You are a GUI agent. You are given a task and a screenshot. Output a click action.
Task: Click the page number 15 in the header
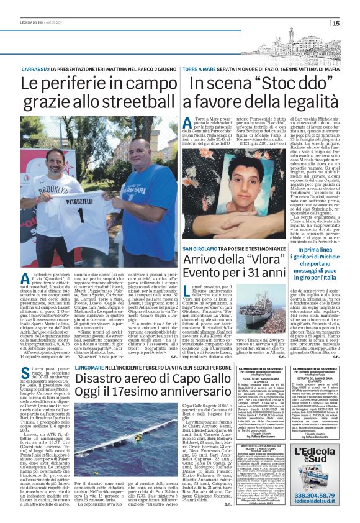353,24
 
